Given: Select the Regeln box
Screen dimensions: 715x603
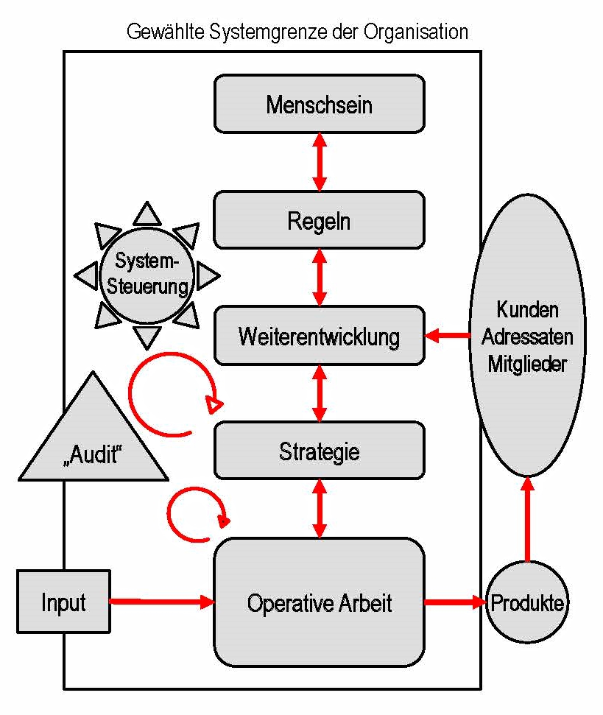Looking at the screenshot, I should [319, 219].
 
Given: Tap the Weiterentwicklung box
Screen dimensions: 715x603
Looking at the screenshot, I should [319, 336].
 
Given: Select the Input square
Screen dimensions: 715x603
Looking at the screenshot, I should [63, 602].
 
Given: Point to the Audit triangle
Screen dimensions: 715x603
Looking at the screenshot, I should [91, 442].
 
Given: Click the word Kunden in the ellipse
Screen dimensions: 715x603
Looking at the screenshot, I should [527, 309].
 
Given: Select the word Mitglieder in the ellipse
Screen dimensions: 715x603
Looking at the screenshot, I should [527, 364].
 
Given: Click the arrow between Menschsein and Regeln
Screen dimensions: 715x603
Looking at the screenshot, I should [319, 162].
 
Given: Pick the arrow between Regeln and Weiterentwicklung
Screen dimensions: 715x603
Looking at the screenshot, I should [319, 277].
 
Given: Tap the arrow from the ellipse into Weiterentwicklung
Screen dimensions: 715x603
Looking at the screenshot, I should [449, 336].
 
